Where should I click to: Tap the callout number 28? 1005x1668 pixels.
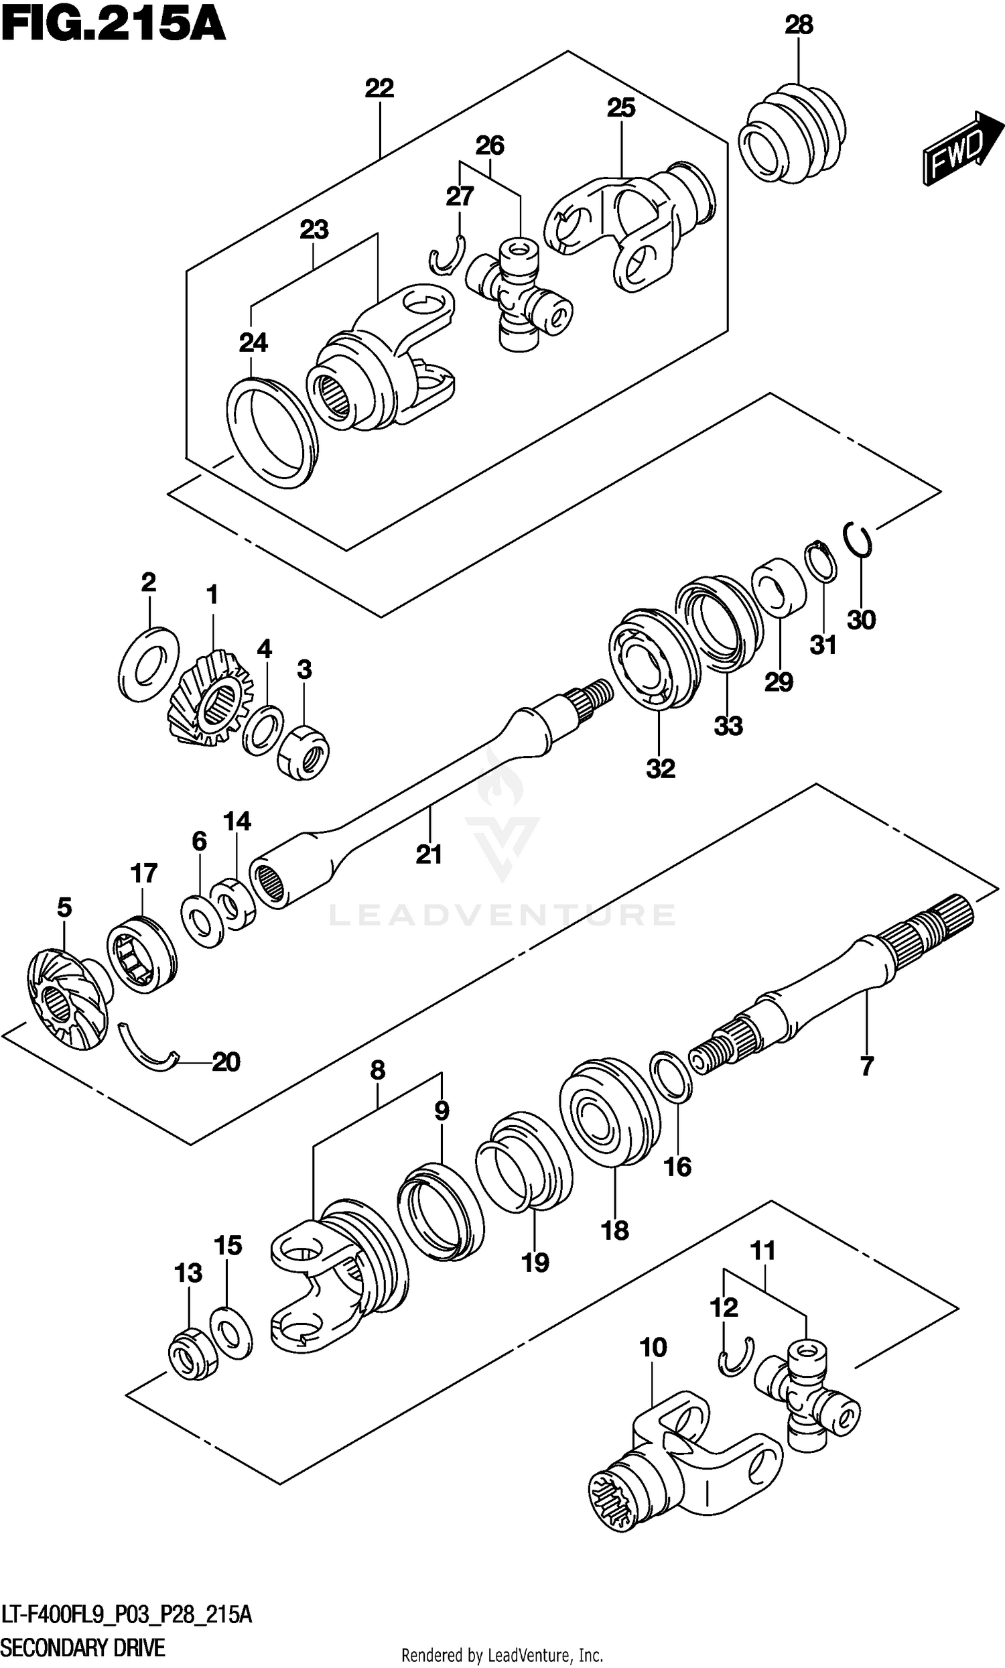point(798,25)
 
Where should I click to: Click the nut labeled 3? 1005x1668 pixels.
point(304,751)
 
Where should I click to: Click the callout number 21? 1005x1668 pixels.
point(428,854)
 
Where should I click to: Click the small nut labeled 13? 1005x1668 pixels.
point(192,1353)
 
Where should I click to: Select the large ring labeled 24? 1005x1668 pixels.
point(271,433)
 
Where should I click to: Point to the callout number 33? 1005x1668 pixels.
point(728,726)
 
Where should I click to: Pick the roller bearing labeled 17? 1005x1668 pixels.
point(141,954)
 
